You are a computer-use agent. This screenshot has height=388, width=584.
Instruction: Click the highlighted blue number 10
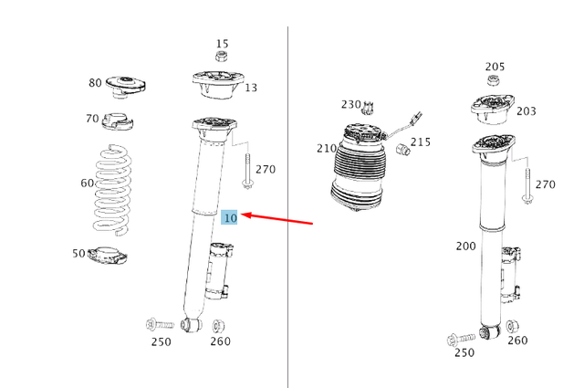tap(230, 217)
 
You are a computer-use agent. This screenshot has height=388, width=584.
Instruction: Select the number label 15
tap(222, 44)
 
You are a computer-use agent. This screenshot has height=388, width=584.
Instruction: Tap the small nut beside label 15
tap(221, 58)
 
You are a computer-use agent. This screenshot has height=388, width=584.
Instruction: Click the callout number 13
tap(250, 88)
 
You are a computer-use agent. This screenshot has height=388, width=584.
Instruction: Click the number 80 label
tap(96, 83)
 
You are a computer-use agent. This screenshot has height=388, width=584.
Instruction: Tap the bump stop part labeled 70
tap(117, 121)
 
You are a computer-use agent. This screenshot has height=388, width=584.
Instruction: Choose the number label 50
tap(79, 253)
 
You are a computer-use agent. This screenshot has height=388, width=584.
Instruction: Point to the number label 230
tap(351, 105)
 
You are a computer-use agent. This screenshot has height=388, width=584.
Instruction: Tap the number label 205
tap(495, 67)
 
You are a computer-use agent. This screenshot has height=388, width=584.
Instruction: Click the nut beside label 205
tap(492, 82)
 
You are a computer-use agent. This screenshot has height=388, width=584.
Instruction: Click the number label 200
tap(465, 246)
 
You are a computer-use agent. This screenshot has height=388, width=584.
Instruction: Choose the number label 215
tap(420, 142)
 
